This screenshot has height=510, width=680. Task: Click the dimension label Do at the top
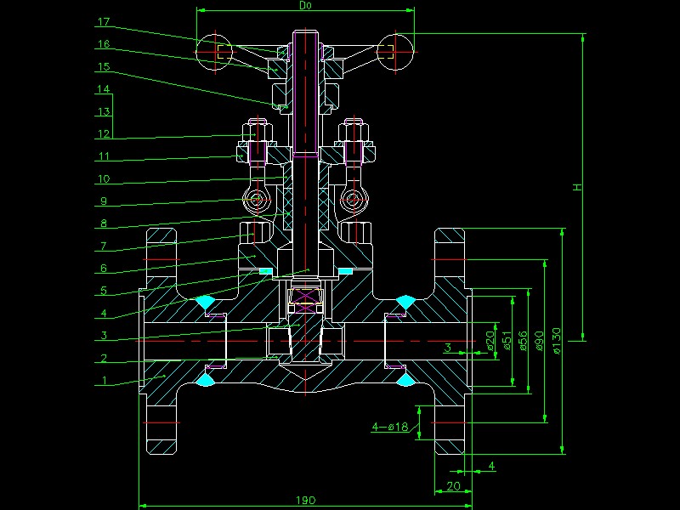point(306,5)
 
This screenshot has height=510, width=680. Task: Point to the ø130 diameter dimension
point(556,339)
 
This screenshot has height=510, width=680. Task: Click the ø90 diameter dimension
point(539,339)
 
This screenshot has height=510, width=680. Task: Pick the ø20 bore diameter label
point(490,339)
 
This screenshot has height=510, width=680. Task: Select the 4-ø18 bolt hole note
point(390,426)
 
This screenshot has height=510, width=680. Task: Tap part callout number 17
point(104,22)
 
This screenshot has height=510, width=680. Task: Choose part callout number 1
point(104,381)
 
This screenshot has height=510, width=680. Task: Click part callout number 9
point(104,201)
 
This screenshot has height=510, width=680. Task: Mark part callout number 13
point(104,111)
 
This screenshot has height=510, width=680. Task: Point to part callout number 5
point(104,291)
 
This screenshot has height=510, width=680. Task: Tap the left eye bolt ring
point(256,201)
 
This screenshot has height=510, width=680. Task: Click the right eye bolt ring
point(352,201)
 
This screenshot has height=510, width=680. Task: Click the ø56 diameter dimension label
point(523,339)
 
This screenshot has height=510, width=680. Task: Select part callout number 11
point(104,156)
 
